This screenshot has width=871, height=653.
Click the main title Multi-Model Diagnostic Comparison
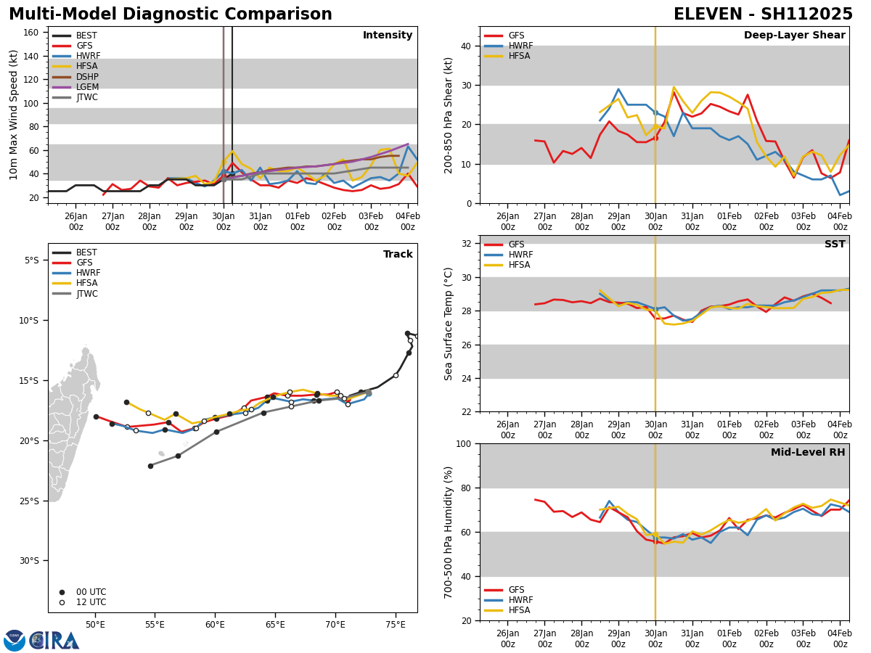[170, 15]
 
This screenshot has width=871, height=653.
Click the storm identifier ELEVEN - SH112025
[763, 15]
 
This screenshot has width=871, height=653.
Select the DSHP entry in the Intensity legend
[87, 77]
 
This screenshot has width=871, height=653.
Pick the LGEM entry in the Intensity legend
[87, 87]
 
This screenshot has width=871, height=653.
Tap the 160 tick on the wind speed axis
[33, 33]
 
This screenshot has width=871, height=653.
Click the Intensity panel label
[388, 36]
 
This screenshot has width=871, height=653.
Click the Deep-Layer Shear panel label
[794, 36]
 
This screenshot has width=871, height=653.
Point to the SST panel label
[835, 245]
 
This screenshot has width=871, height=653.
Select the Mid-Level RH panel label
[808, 453]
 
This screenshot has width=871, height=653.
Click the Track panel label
[398, 255]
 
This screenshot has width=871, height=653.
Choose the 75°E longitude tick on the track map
[396, 624]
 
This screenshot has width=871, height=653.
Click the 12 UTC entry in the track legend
[91, 602]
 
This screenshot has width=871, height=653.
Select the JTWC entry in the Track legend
[87, 294]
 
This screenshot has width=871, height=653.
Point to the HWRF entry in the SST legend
[520, 255]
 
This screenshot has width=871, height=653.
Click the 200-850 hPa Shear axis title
[449, 115]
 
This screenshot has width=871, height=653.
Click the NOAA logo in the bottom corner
[15, 640]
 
